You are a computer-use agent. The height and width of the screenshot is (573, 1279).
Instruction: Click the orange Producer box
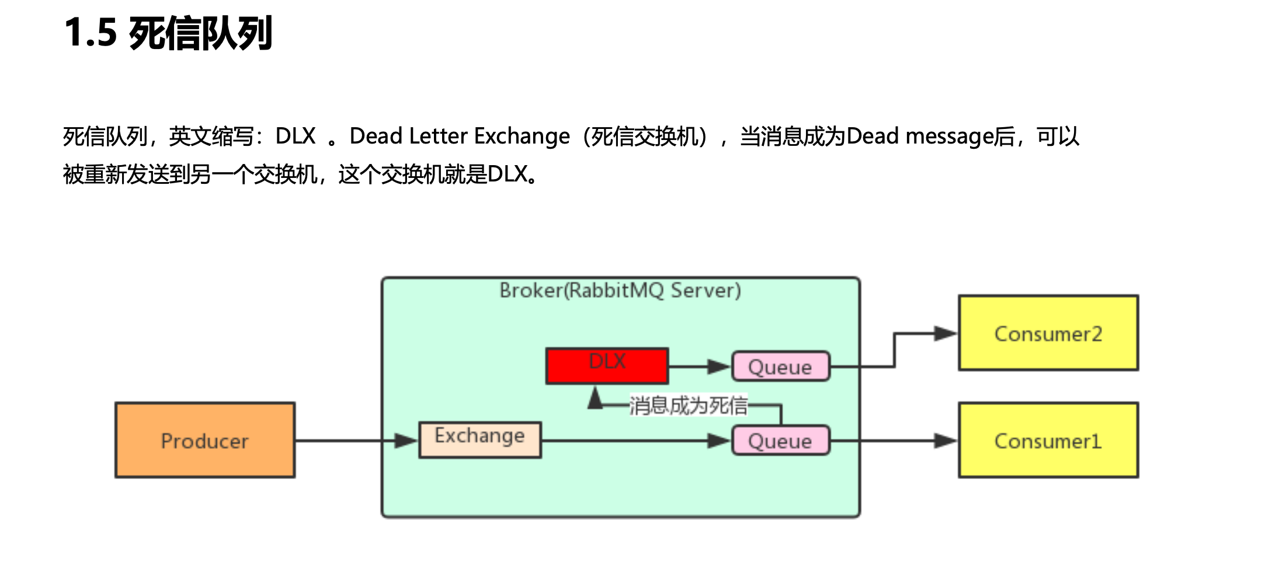tap(205, 440)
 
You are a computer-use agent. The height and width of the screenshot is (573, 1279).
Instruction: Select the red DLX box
tap(607, 366)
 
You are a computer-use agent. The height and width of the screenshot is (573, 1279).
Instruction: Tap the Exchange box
tap(479, 439)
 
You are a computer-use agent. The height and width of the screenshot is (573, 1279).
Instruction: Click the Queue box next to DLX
tap(780, 366)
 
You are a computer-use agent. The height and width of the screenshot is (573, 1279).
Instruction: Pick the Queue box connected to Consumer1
tap(780, 441)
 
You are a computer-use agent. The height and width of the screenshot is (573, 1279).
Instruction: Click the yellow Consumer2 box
tap(1048, 333)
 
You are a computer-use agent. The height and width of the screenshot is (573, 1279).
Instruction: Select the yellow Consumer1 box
tap(1048, 441)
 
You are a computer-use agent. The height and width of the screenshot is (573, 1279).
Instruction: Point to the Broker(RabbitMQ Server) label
tap(620, 291)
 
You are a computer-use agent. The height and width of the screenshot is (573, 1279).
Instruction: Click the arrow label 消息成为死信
tap(688, 406)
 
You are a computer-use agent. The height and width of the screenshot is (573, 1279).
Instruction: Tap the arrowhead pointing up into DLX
tap(595, 398)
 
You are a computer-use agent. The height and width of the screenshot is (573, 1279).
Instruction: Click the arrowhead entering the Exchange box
tap(406, 441)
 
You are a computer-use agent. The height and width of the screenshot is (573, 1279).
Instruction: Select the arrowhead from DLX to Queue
tap(718, 366)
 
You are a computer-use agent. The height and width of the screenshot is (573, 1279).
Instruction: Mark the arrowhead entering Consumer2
tap(945, 334)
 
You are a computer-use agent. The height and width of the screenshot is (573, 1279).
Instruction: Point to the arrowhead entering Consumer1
tap(945, 441)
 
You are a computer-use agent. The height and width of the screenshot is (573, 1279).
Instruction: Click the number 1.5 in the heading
tap(91, 33)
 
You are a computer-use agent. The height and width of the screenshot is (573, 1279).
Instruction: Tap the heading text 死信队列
tap(200, 34)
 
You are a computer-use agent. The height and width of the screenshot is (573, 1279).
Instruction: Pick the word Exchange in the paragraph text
tap(522, 136)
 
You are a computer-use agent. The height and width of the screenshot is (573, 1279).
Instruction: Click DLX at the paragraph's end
tap(508, 174)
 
